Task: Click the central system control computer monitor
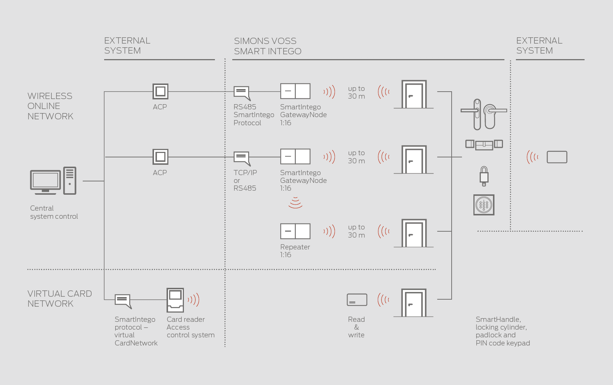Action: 45,181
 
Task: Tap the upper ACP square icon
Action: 160,91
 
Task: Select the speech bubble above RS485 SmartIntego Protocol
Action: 242,92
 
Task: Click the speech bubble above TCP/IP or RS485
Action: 242,158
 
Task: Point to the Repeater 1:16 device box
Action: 295,231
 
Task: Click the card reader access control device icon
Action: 175,300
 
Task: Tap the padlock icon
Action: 484,176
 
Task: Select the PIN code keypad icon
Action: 484,205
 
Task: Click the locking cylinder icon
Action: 484,144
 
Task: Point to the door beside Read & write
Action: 414,303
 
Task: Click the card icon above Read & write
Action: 357,300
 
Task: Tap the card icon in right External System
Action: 557,157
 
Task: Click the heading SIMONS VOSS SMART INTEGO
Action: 267,46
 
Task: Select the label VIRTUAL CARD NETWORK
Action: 59,299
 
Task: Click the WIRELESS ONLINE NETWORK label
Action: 50,106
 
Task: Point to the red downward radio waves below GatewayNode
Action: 295,202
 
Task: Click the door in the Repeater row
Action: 414,234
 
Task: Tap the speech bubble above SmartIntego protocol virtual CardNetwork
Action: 123,300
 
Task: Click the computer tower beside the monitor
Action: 69,181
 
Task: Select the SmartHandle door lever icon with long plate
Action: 476,114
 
